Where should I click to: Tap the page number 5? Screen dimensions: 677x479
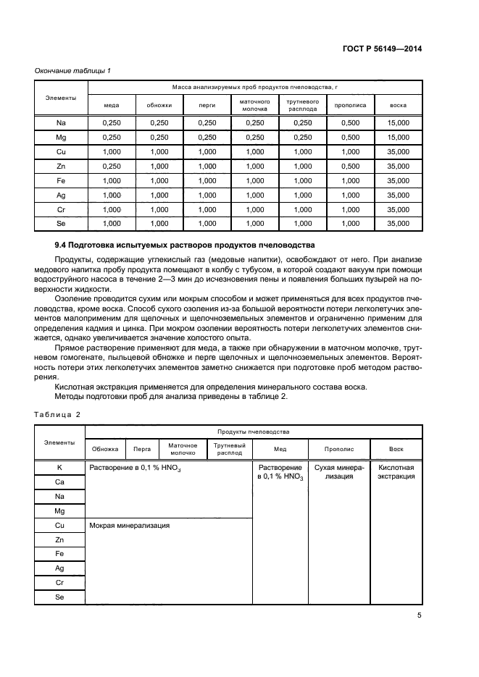coord(420,615)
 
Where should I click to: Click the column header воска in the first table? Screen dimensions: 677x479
coord(398,105)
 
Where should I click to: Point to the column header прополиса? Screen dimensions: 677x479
coord(350,105)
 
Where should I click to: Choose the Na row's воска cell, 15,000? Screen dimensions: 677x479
coord(398,123)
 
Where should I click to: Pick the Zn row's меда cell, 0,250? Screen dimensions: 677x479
coord(112,167)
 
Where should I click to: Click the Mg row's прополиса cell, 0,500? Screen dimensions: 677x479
coord(350,138)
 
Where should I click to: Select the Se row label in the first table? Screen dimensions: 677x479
coord(61,224)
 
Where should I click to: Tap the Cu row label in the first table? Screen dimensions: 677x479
coord(61,152)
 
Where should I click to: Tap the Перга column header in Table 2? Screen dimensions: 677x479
coord(142,449)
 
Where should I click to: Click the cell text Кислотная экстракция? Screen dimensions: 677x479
coord(396,472)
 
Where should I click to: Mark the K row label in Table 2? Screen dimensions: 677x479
coord(59,468)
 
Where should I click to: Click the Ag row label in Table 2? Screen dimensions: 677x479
coord(59,568)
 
